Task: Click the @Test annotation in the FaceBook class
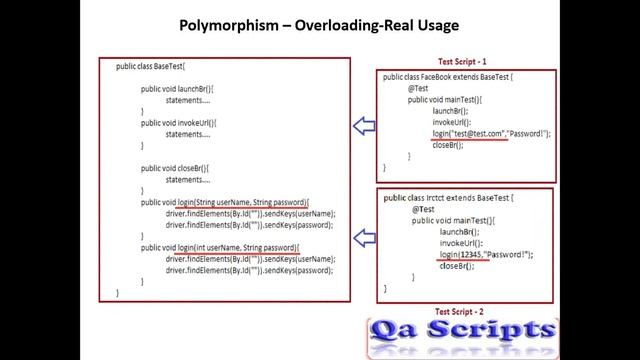coord(419,88)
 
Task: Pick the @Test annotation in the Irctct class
coord(423,209)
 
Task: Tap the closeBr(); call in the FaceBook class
coord(449,145)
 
